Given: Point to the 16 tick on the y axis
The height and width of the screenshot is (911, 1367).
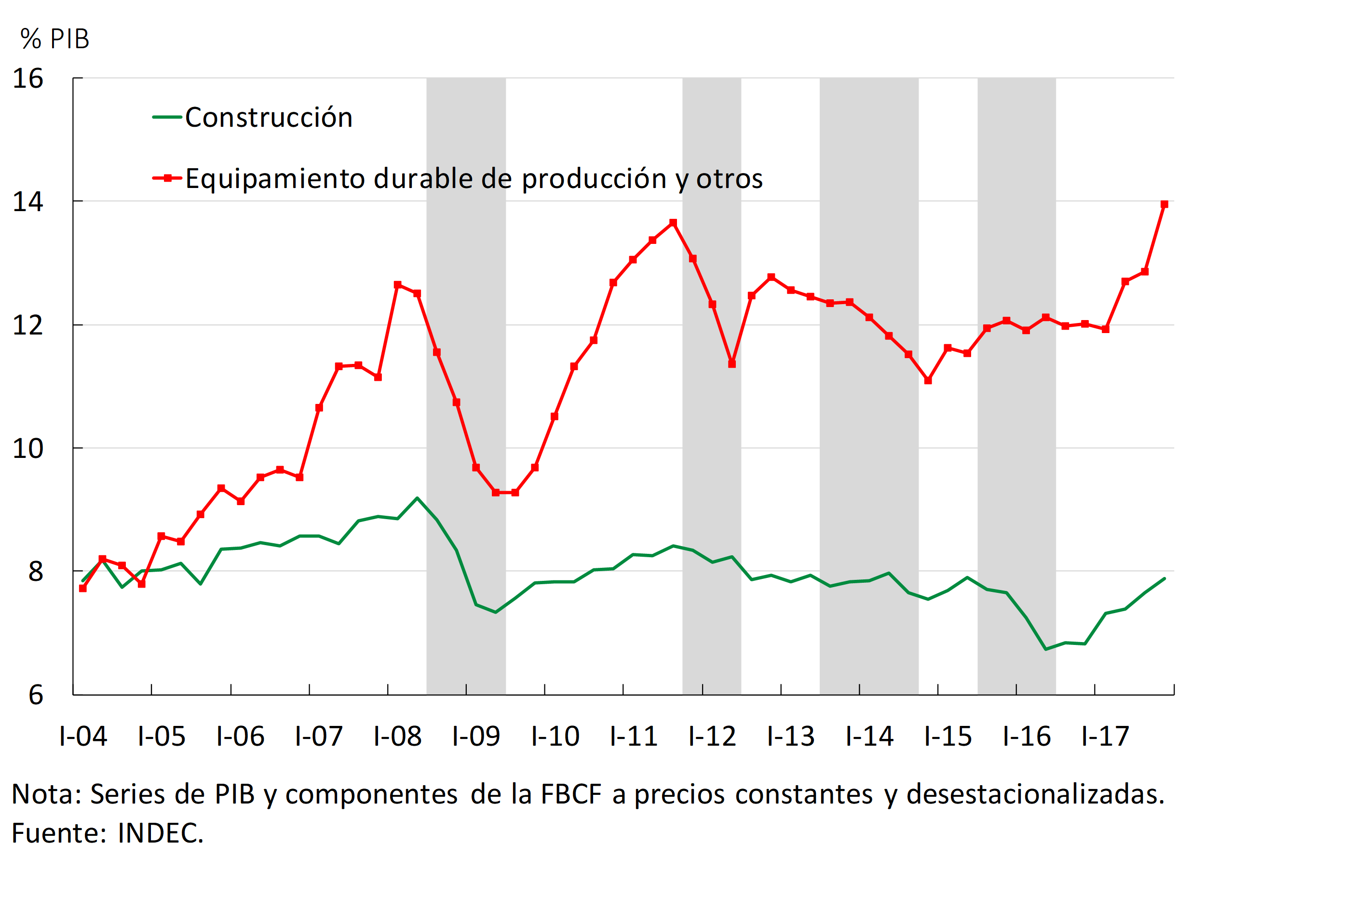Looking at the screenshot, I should [x=28, y=79].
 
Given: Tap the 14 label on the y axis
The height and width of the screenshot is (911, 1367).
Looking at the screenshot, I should [x=28, y=201].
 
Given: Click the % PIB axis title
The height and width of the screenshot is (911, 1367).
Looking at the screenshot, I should [x=54, y=39].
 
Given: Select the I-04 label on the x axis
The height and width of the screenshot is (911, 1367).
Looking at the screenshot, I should [x=83, y=736].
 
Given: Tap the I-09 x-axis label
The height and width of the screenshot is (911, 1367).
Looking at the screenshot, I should [x=476, y=736].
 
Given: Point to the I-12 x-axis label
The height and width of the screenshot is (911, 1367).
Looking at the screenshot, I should [x=712, y=736].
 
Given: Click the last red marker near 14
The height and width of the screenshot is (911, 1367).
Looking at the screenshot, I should [x=1164, y=204].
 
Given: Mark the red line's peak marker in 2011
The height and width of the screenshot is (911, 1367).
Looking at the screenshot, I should [x=673, y=223].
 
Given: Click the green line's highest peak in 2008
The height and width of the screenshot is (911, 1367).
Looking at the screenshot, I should [x=417, y=498].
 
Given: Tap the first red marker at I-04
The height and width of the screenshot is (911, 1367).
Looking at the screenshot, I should [x=82, y=589].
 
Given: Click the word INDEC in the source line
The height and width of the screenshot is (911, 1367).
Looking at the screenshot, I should [x=160, y=833].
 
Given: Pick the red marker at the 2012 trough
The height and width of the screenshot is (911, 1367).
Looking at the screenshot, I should [x=732, y=364].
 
